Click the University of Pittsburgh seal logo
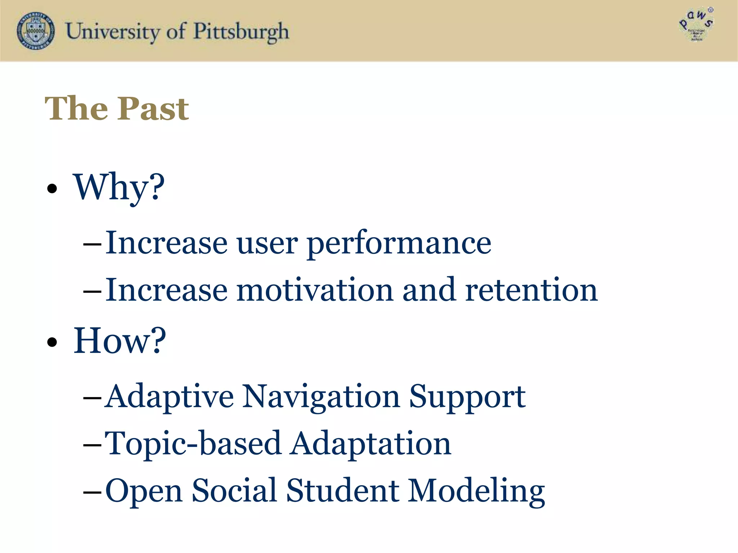pos(36,31)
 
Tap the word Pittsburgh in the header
pos(241,32)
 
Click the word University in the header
pos(112,32)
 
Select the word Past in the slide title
pos(153,109)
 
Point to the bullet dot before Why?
pos(52,189)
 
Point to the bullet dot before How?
pos(52,342)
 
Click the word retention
pos(531,290)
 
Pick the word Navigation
pos(321,397)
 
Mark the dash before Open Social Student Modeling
pos(92,491)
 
